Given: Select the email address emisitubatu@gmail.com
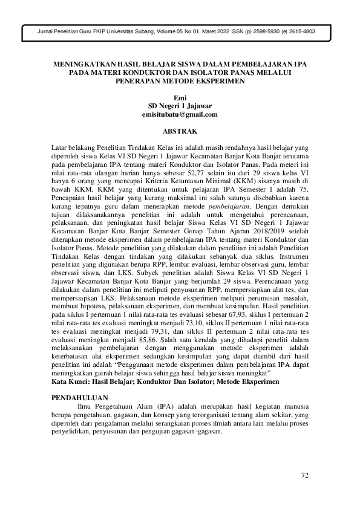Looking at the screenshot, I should point(180,114).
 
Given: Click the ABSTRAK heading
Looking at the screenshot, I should point(180,130).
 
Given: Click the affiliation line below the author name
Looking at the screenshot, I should point(180,106).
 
